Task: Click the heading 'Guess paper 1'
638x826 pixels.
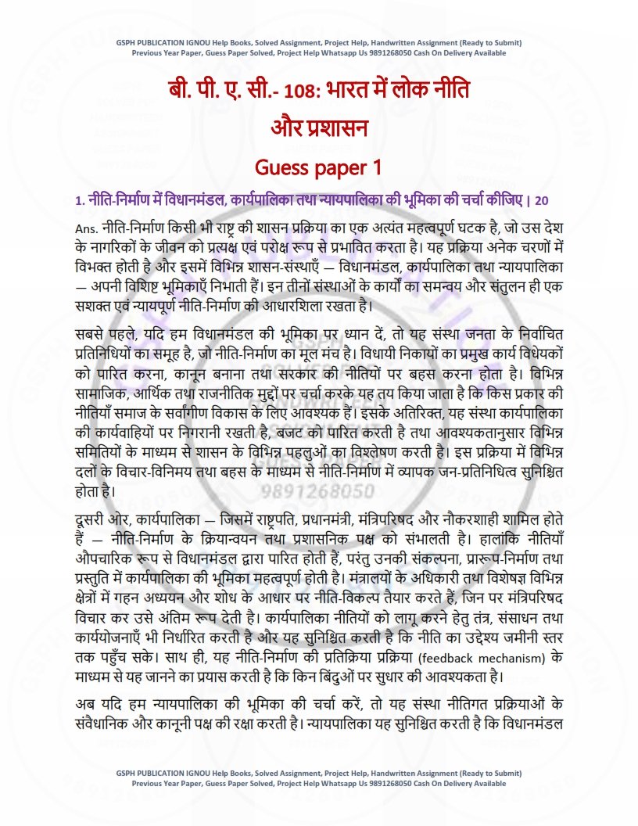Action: pos(319,167)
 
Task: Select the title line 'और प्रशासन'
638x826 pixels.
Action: pos(319,128)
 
